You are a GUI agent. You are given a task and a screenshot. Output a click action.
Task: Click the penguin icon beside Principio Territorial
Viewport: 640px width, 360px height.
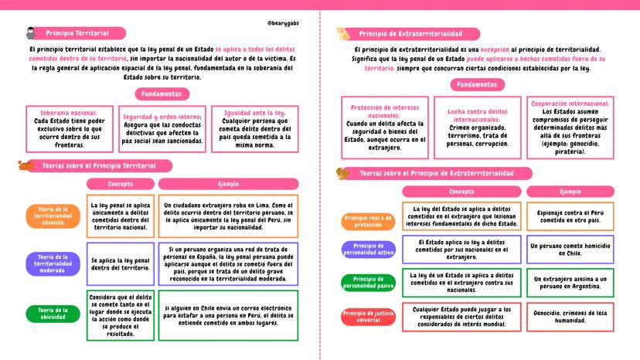[x=30, y=33]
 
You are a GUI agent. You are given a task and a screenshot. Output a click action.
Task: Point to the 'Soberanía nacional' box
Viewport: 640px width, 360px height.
[x=68, y=128]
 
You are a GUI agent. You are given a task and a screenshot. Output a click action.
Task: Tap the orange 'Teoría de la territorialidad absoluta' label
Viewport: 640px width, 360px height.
[x=53, y=216]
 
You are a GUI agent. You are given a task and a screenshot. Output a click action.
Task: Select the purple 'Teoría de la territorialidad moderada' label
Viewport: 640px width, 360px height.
[x=53, y=264]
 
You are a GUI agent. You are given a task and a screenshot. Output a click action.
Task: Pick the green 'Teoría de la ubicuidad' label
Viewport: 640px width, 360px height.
[x=53, y=314]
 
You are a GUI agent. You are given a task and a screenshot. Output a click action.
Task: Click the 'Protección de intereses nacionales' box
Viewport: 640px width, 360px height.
[x=384, y=127]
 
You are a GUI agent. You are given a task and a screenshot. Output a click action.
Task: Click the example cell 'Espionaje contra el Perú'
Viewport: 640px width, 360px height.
[x=570, y=215]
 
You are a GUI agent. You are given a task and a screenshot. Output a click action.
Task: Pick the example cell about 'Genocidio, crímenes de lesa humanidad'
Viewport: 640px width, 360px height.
[x=570, y=317]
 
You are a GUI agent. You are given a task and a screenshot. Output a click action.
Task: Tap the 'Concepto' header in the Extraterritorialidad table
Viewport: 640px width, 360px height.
[x=461, y=192]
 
